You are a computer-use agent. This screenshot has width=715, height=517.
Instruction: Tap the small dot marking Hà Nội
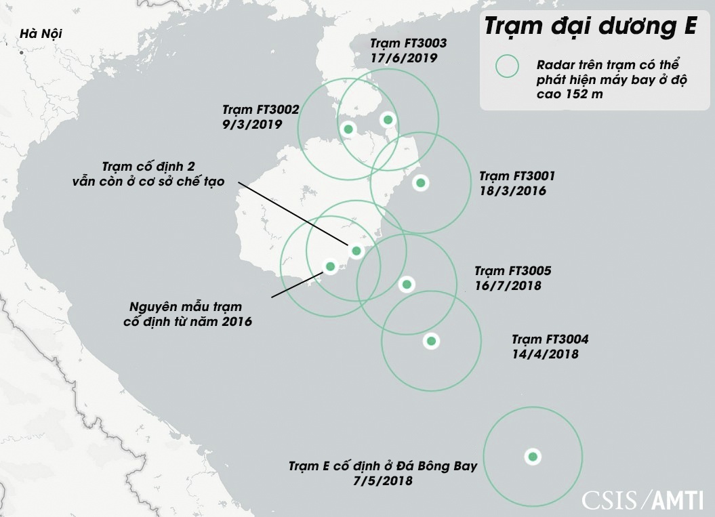[22, 52]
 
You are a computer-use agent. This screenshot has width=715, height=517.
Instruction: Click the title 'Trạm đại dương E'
[590, 28]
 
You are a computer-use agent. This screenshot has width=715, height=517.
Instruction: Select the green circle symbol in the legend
[507, 66]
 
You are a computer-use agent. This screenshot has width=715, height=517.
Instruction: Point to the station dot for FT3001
[420, 182]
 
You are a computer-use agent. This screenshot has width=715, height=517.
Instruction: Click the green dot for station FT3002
[348, 129]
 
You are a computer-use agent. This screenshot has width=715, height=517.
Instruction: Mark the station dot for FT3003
[388, 120]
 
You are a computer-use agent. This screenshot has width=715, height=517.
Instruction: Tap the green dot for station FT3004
[430, 341]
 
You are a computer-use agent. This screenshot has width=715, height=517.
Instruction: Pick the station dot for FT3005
[407, 284]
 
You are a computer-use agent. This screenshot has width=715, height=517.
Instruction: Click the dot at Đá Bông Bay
[533, 457]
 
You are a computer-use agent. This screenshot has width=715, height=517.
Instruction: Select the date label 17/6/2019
[404, 58]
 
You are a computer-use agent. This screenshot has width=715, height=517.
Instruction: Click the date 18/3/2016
[512, 190]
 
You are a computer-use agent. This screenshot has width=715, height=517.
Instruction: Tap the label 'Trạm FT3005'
[512, 271]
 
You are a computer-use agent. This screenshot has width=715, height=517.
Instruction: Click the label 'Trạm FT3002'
[261, 110]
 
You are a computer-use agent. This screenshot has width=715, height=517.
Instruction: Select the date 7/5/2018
[384, 481]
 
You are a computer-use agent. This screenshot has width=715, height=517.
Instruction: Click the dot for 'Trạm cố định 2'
[356, 251]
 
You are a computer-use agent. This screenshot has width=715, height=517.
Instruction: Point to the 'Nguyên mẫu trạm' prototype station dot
[330, 266]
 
